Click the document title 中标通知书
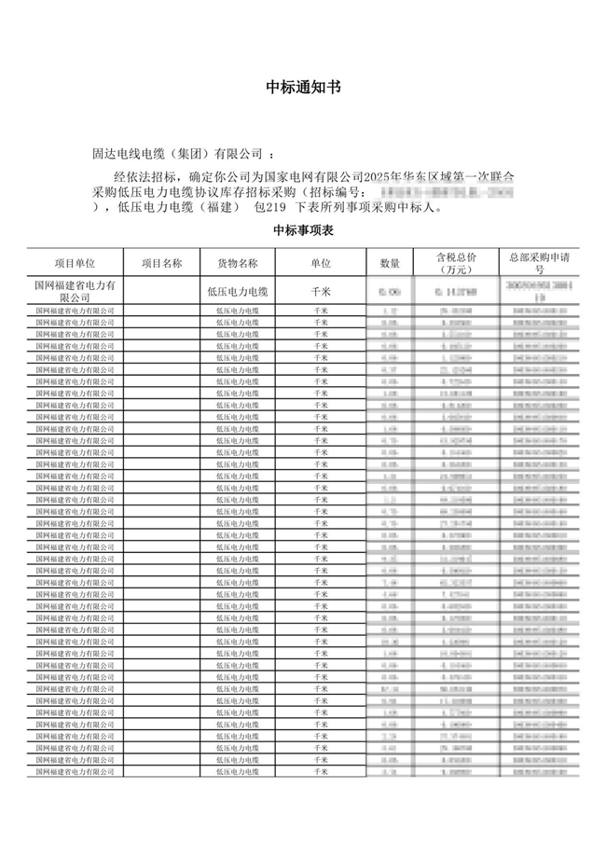(303, 88)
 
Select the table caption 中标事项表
(303, 229)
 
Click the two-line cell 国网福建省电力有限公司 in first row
(75, 290)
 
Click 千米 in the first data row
(321, 291)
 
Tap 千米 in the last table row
(321, 772)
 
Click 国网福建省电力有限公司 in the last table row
(75, 772)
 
